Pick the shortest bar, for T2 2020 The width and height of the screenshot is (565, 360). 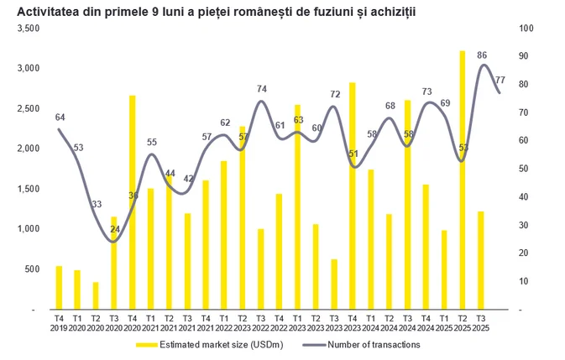click(x=96, y=295)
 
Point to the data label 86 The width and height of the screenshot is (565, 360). click(x=482, y=55)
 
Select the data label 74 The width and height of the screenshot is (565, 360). click(x=261, y=89)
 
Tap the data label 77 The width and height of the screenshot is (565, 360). click(x=500, y=80)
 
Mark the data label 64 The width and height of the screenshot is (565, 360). click(x=60, y=117)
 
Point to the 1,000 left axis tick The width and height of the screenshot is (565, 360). click(x=29, y=229)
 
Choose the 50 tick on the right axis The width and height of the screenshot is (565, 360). click(x=524, y=169)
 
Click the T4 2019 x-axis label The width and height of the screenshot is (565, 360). click(x=60, y=323)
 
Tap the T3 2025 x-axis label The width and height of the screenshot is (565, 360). click(x=480, y=323)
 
